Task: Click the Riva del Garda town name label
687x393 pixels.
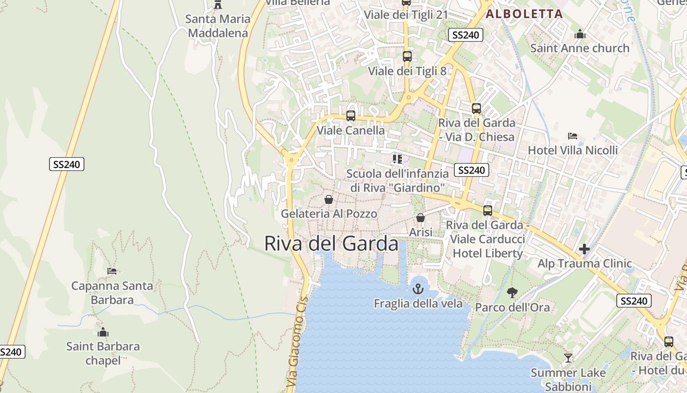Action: pos(331,243)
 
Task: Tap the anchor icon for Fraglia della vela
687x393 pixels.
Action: pos(418,288)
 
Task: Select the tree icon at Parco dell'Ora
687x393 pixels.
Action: pos(512,293)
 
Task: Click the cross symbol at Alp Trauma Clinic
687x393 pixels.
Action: pos(584,249)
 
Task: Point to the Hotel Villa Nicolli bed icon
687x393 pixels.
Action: pos(572,136)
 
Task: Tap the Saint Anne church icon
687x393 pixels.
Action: pos(580,34)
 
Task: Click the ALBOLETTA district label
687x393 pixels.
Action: pos(524,14)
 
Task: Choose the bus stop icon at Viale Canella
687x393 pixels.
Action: pos(351,116)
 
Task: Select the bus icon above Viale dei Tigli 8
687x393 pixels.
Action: pos(407,56)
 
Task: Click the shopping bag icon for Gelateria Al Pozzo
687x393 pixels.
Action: pos(329,199)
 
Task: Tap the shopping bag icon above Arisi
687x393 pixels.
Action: pos(421,218)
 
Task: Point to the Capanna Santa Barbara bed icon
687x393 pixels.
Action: pos(112,271)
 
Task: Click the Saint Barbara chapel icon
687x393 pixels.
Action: pos(103,332)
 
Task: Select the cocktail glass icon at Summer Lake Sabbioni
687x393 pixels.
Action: pos(568,358)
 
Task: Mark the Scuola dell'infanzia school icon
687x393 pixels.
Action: pos(397,159)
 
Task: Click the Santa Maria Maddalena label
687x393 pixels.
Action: pos(218,26)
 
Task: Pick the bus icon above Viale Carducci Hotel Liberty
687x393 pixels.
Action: pos(487,210)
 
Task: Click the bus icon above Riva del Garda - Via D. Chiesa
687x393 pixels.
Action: pos(476,108)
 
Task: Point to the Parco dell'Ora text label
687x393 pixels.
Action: pos(512,308)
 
